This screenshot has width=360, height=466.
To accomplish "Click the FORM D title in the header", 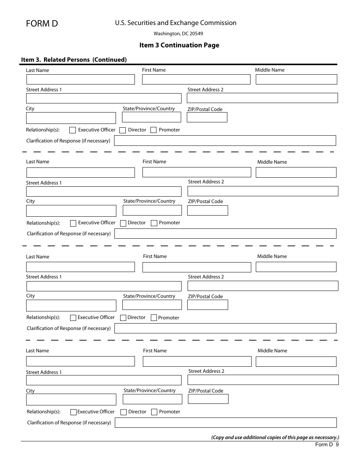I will pyautogui.click(x=42, y=23).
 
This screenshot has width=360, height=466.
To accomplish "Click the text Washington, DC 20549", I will pyautogui.click(x=178, y=34).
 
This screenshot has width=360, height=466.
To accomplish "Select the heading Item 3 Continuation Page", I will pyautogui.click(x=179, y=45).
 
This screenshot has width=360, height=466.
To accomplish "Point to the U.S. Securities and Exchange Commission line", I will pyautogui.click(x=176, y=23).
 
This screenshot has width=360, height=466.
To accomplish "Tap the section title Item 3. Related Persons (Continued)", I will pyautogui.click(x=74, y=59).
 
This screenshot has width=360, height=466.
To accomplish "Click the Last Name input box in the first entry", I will pyautogui.click(x=80, y=79).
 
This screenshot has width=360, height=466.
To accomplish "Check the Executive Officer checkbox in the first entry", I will pyautogui.click(x=73, y=130).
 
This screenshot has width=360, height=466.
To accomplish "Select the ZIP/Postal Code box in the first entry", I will pyautogui.click(x=207, y=117).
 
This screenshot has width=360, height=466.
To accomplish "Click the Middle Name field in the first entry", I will pyautogui.click(x=296, y=79).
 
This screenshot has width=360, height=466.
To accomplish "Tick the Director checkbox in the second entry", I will pyautogui.click(x=123, y=223).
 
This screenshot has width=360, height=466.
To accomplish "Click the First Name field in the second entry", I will pyautogui.click(x=197, y=172).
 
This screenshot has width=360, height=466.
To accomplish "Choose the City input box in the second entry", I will pyautogui.click(x=71, y=211).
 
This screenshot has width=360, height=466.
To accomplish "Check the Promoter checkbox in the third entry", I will pyautogui.click(x=154, y=318).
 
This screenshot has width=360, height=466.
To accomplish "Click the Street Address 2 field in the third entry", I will pyautogui.click(x=263, y=286).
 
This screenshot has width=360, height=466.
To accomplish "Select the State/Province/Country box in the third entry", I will pyautogui.click(x=152, y=305).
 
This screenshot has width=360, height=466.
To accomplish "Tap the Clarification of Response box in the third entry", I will pyautogui.click(x=225, y=328).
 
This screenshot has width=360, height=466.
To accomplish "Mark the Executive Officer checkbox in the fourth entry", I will pyautogui.click(x=74, y=412).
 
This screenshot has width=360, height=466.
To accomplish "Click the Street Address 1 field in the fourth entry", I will pyautogui.click(x=103, y=380).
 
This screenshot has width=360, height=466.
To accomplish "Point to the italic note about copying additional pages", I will pyautogui.click(x=275, y=437).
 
